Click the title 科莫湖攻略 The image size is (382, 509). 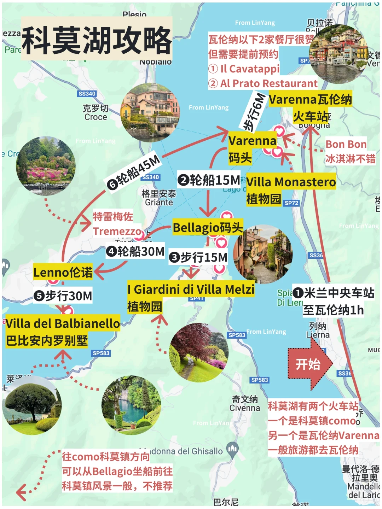[97, 40]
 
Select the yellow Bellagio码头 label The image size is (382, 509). [208, 228]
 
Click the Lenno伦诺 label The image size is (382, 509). [63, 272]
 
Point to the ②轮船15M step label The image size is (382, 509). [209, 180]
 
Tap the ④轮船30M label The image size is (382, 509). [135, 251]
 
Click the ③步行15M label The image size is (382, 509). [198, 257]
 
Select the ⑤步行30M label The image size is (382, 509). [63, 296]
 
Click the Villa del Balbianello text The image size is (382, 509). [63, 323]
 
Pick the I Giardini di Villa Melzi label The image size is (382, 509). [191, 289]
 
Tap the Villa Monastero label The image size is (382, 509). [291, 182]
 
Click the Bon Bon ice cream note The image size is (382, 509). [346, 144]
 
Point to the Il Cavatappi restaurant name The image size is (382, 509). [250, 69]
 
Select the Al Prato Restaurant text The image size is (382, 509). [269, 83]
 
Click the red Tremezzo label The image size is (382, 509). [117, 231]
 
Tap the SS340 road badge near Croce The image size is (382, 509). [87, 94]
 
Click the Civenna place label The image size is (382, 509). [245, 408]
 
